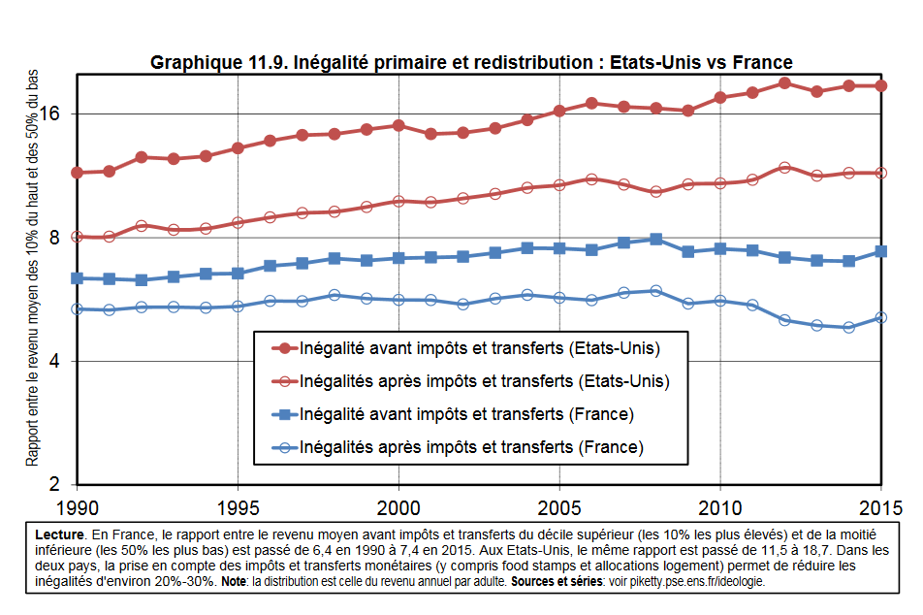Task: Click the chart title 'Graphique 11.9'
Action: click(471, 63)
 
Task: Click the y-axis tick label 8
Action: click(53, 238)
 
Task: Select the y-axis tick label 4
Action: click(53, 362)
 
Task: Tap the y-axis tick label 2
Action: click(53, 485)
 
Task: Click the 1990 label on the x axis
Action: click(77, 507)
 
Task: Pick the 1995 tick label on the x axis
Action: click(238, 507)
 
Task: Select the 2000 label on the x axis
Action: click(398, 507)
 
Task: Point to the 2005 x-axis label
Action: click(559, 507)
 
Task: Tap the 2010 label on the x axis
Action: click(720, 507)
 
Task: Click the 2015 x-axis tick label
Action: click(879, 507)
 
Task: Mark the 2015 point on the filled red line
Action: click(881, 86)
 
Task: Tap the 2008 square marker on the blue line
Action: click(656, 239)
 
